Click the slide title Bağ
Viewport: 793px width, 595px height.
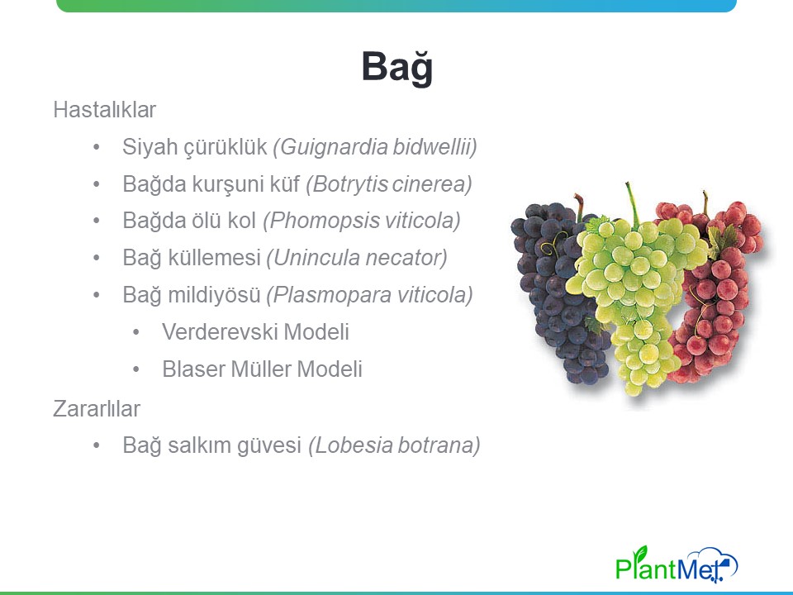pos(397,67)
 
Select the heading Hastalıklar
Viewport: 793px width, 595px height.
pos(105,110)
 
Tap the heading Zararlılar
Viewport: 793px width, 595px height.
pos(97,409)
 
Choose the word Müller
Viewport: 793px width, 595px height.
pos(261,369)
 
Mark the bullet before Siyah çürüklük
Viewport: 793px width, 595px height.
pos(97,147)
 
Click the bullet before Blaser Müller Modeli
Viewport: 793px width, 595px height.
pos(136,369)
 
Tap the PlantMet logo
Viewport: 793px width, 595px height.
pos(677,564)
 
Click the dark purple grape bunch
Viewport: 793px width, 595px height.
pos(553,283)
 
